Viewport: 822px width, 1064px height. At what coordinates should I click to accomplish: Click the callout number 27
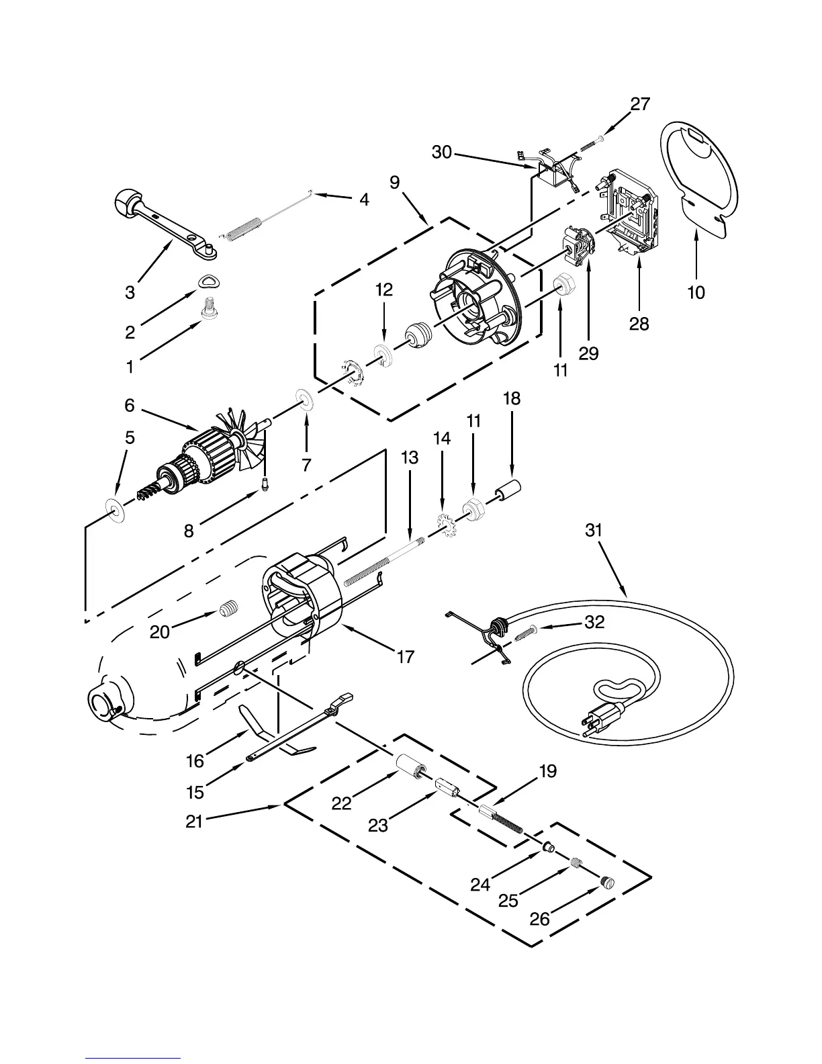point(640,103)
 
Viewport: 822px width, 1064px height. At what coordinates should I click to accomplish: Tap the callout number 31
point(594,531)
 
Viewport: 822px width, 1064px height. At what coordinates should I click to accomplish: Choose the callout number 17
point(406,656)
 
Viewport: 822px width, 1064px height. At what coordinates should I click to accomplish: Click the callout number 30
point(441,152)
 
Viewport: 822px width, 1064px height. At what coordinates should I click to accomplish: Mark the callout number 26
point(539,918)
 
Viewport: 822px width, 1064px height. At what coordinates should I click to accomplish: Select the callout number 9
point(394,182)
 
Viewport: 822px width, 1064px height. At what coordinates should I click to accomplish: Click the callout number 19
point(547,771)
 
